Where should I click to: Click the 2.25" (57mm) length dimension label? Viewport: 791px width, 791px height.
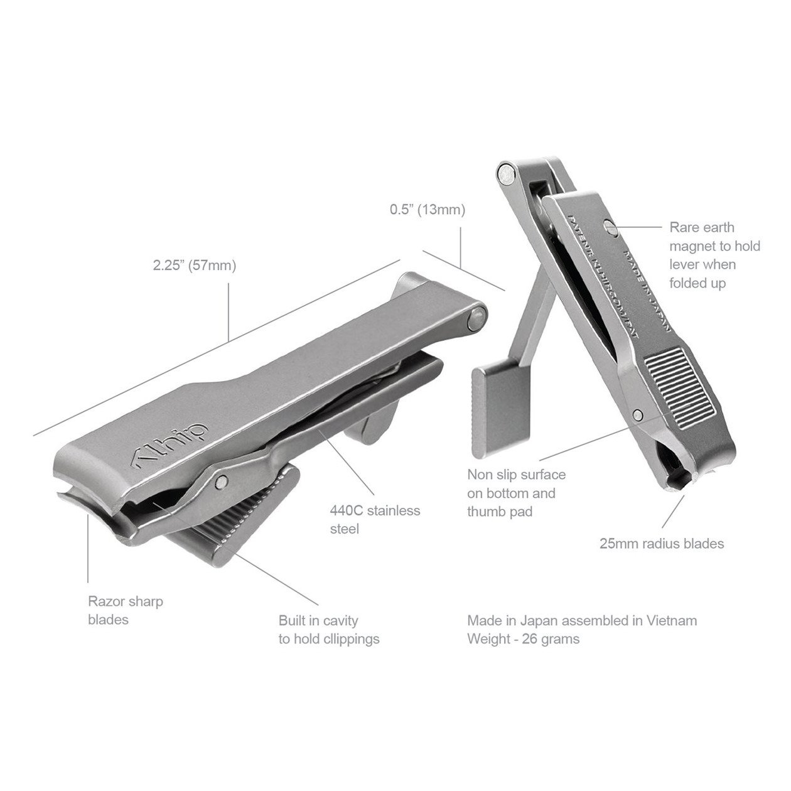click(x=195, y=266)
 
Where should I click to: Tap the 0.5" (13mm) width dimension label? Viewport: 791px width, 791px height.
click(x=427, y=210)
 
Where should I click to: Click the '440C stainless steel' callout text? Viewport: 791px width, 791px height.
click(x=375, y=519)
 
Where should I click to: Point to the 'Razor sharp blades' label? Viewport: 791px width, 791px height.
click(x=126, y=610)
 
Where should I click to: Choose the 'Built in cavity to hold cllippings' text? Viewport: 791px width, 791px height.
click(x=329, y=630)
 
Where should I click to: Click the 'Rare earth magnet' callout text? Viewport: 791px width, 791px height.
click(x=714, y=255)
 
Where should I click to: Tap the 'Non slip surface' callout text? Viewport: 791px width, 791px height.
click(x=516, y=493)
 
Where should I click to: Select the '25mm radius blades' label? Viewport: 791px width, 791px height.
click(x=662, y=543)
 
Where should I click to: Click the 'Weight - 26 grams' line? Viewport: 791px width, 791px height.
click(x=523, y=639)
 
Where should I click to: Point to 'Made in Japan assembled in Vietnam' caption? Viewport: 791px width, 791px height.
click(x=582, y=621)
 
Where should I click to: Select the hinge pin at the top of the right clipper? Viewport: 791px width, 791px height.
click(x=507, y=171)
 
